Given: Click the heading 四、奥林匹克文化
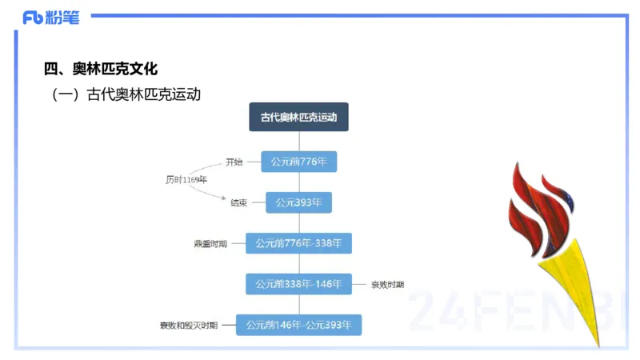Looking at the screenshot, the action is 101,70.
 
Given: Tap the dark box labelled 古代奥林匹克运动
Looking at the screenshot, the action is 298,117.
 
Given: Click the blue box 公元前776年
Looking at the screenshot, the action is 298,162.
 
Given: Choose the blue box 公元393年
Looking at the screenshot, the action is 298,202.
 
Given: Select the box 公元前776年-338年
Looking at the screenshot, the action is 298,242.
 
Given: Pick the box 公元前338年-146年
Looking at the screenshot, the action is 298,284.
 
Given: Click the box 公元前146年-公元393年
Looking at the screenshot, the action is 298,325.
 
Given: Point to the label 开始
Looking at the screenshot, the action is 234,162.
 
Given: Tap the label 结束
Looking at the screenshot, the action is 238,203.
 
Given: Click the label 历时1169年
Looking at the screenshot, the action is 186,180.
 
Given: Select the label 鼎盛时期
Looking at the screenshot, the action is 210,243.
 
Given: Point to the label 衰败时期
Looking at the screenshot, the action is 387,284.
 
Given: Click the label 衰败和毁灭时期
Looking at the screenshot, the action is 188,326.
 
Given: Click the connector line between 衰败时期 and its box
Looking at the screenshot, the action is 359,284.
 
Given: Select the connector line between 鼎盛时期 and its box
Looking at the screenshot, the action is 237,242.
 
